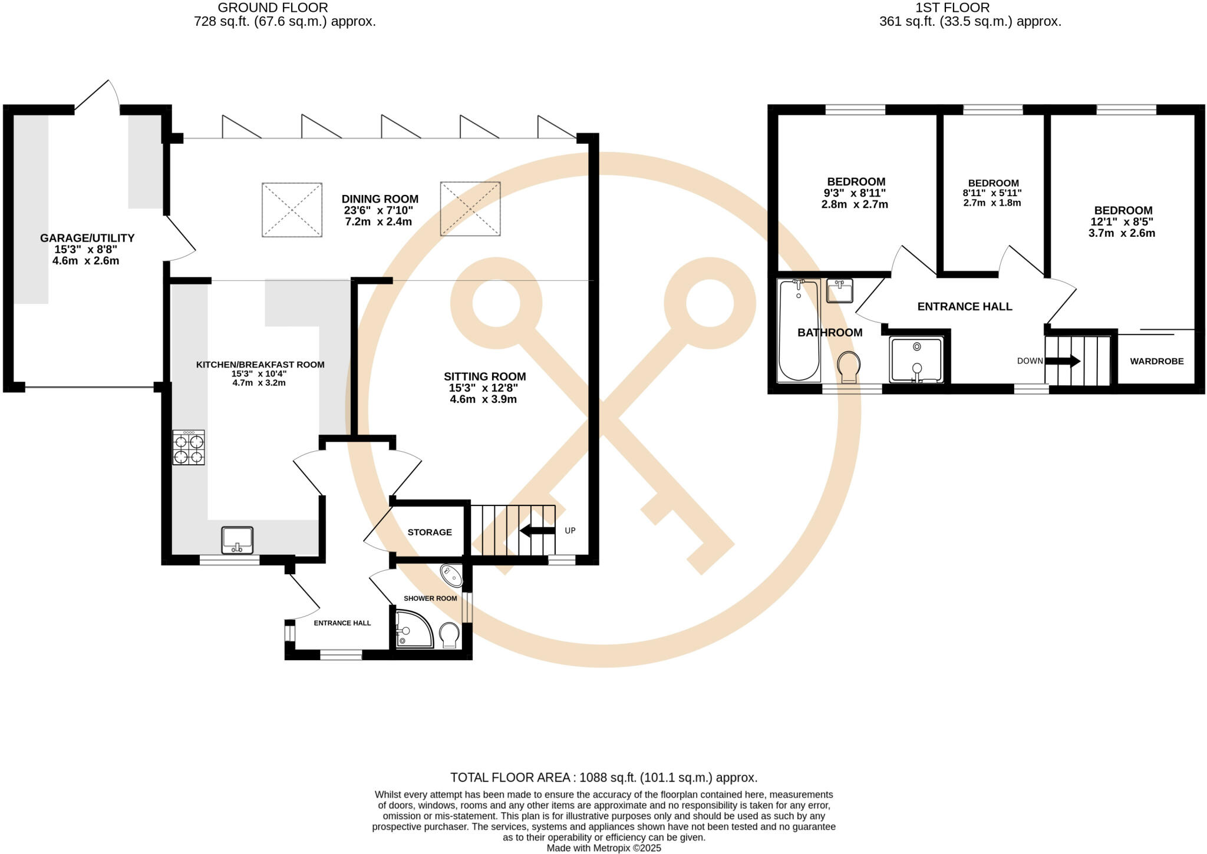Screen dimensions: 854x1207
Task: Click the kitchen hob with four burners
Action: coord(189,448)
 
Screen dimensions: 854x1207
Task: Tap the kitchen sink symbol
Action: coord(238,540)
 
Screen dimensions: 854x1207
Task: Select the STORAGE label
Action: coord(430,532)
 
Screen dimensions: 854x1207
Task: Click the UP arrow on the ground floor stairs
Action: coord(537,531)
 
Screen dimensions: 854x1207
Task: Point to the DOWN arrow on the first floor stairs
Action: coord(1063,361)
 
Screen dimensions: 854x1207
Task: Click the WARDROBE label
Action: coord(1156,361)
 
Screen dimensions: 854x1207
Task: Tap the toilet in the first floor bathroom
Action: coord(849,366)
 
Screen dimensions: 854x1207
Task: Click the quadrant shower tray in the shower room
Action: coord(413,629)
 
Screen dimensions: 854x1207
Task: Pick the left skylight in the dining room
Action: coord(292,210)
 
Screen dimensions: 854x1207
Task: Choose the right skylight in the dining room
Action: coord(470,209)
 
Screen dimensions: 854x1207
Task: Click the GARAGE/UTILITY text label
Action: coord(87,238)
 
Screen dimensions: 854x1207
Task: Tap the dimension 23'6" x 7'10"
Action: coord(378,210)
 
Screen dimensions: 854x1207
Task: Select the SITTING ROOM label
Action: coord(484,376)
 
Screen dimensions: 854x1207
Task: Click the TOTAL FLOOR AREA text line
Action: coord(603,777)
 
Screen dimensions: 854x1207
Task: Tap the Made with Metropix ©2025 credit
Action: coord(603,848)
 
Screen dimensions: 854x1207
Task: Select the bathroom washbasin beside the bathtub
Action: coord(839,290)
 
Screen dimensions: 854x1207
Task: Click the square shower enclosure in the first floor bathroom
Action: coord(916,359)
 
